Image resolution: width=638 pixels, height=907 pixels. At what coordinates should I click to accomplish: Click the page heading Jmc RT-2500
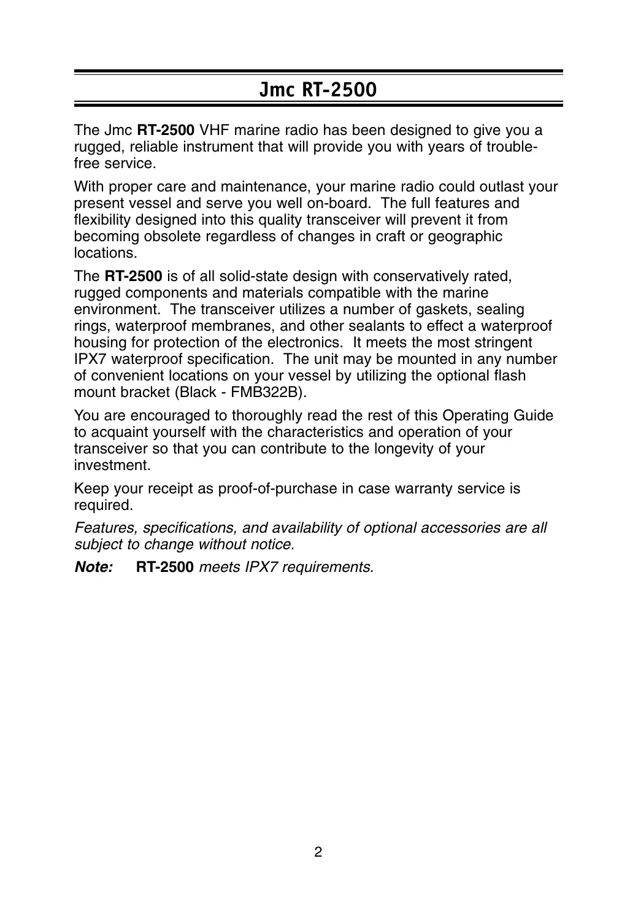tap(318, 90)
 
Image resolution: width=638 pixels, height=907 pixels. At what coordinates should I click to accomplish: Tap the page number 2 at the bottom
tap(318, 852)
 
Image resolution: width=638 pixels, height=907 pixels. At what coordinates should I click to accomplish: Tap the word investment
tap(111, 466)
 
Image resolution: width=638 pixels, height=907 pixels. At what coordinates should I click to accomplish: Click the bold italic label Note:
tap(93, 568)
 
